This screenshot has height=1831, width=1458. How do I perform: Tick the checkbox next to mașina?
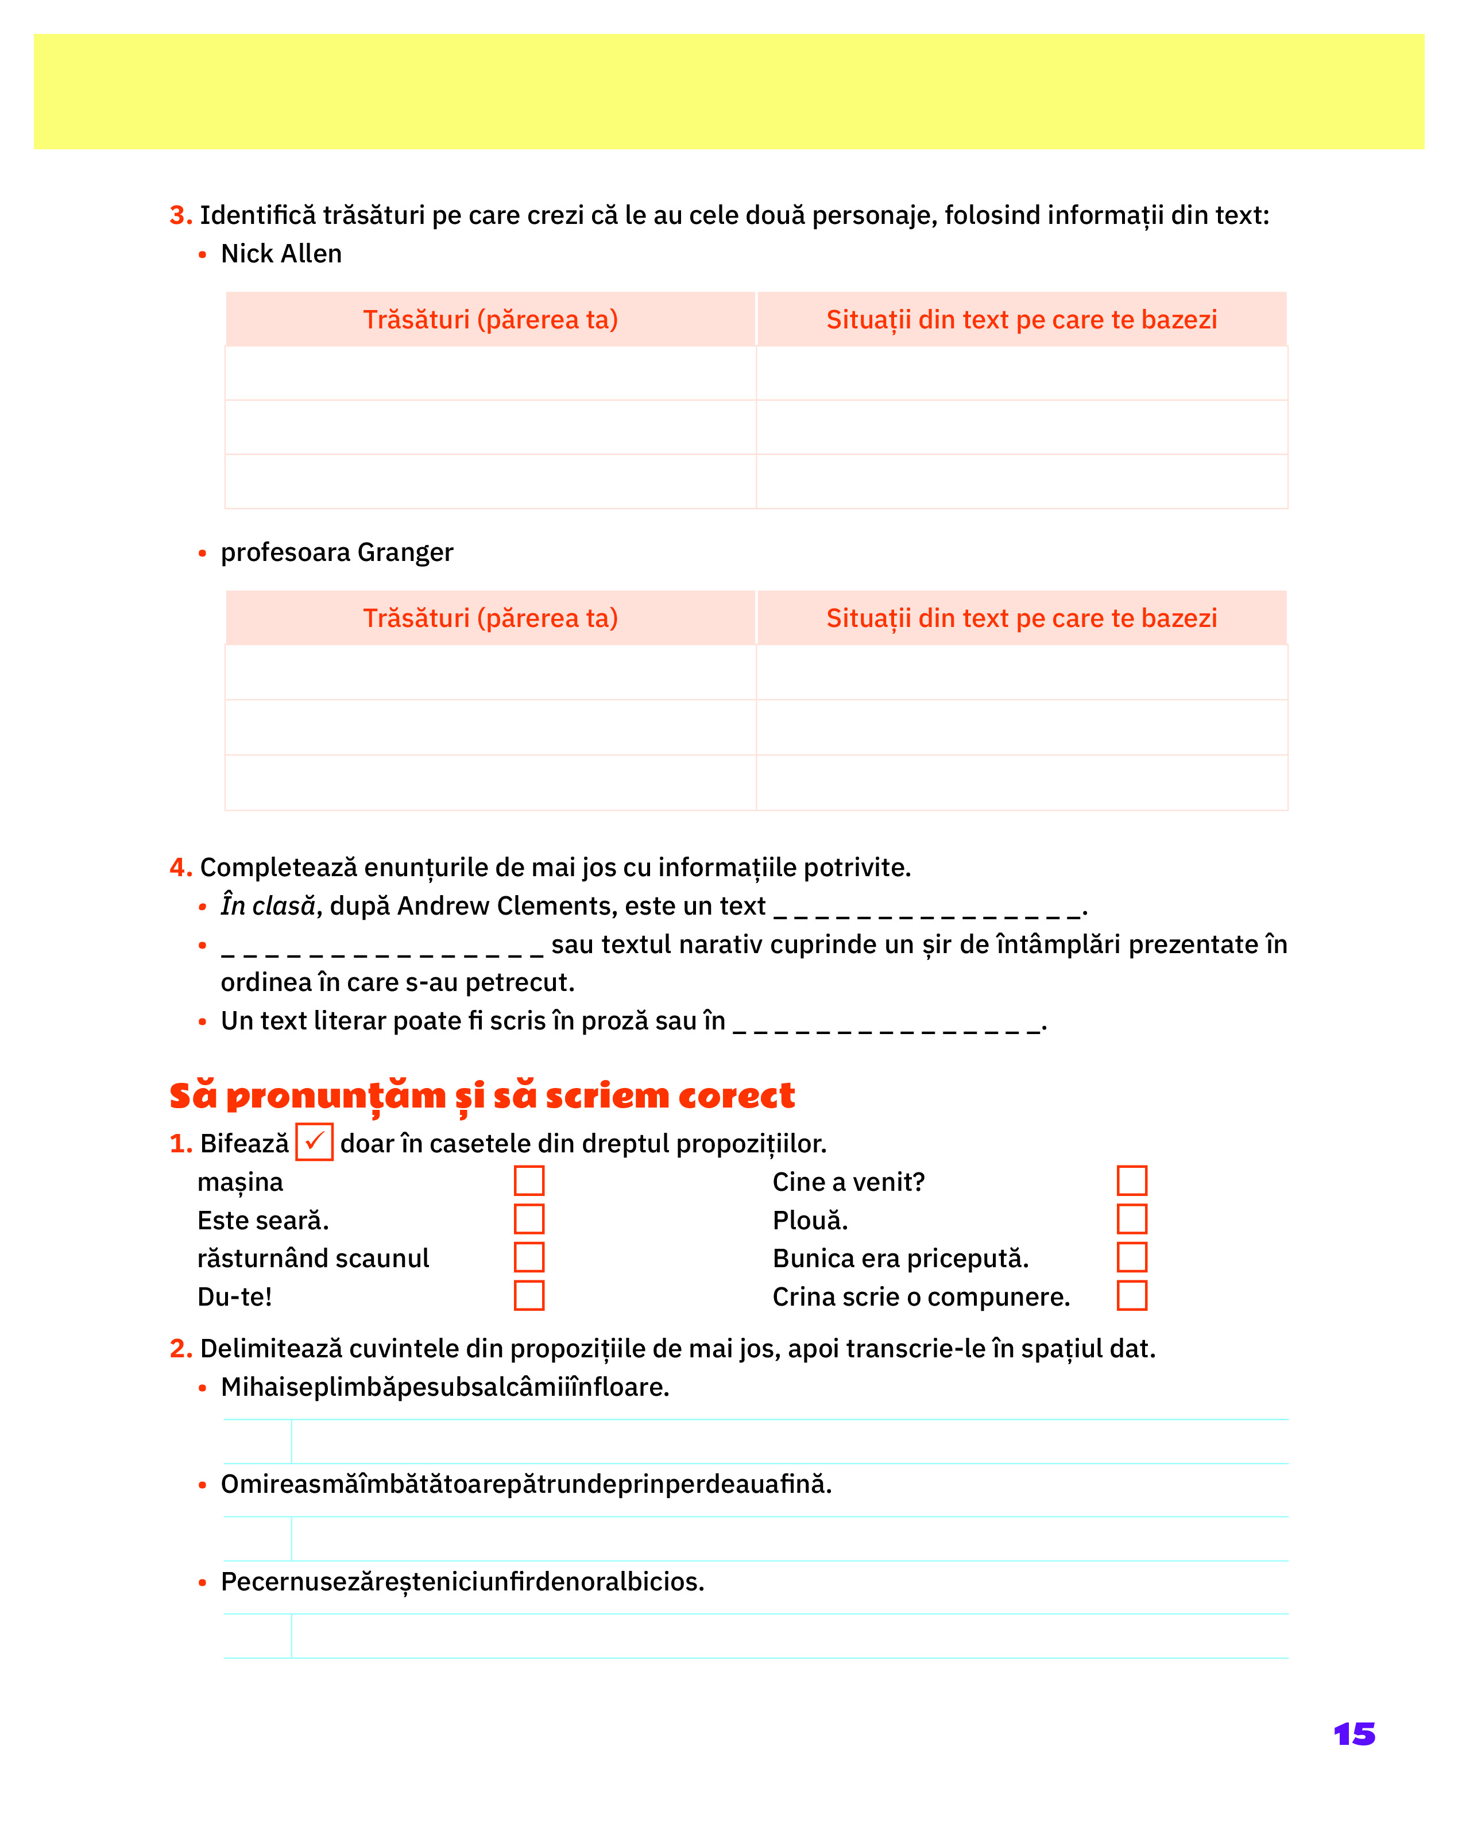[528, 1180]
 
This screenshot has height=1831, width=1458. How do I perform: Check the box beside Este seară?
[528, 1219]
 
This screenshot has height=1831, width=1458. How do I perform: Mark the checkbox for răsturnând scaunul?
[528, 1257]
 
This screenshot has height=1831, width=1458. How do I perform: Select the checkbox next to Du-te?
[528, 1295]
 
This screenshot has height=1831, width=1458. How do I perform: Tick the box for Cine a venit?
[1131, 1180]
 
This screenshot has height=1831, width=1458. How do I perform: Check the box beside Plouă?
[1131, 1219]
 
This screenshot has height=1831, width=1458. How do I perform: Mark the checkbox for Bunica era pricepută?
[1131, 1257]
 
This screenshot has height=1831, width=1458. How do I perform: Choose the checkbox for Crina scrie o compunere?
[1131, 1295]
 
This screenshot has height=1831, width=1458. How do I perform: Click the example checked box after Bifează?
[314, 1141]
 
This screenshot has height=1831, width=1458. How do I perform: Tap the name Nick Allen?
[281, 254]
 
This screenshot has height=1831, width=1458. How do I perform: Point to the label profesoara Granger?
[337, 553]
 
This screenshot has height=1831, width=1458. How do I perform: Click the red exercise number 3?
[180, 216]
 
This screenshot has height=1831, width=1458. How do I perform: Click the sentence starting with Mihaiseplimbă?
[445, 1388]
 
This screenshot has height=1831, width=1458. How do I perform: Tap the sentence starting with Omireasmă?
[525, 1485]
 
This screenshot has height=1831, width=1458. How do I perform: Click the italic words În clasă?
[268, 906]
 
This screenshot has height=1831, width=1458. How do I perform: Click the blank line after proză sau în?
[887, 1024]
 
